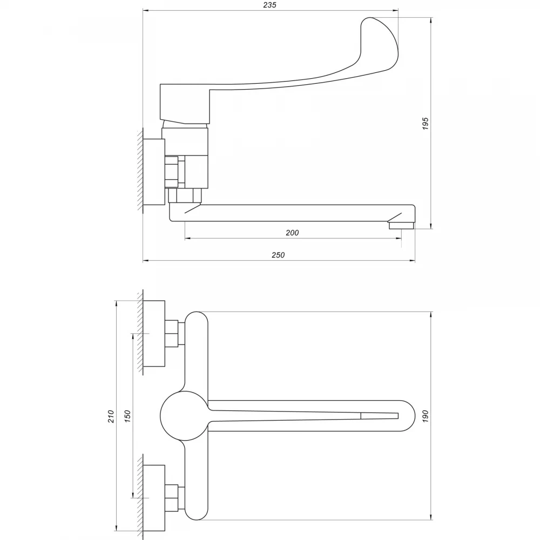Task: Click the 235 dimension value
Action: click(x=269, y=5)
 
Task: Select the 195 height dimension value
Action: click(x=426, y=123)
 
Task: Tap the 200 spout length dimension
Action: click(x=292, y=233)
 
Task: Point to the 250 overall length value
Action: click(x=278, y=255)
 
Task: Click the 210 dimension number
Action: click(x=111, y=416)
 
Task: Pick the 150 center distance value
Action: click(x=128, y=416)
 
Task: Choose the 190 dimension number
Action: click(x=426, y=416)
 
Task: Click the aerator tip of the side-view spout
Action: click(x=401, y=226)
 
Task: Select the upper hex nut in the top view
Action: click(x=172, y=333)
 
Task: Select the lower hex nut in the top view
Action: click(x=172, y=498)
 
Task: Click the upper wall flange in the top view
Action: click(x=154, y=333)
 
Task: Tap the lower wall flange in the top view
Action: click(x=154, y=498)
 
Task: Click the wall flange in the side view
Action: click(x=154, y=172)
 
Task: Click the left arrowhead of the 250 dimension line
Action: click(x=145, y=261)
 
